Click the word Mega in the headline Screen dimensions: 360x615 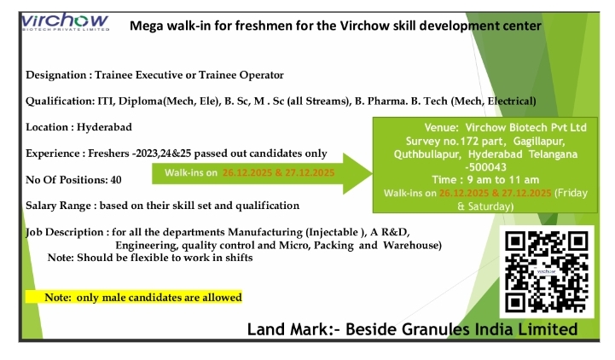146,26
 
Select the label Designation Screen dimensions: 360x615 55,75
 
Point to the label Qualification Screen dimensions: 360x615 57,101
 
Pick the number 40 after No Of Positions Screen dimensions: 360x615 116,180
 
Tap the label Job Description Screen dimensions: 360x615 61,232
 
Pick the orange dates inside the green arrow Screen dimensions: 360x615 278,173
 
